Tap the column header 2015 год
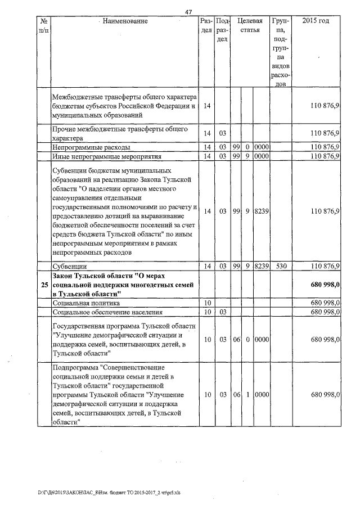click(316, 21)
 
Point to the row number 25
click(44, 285)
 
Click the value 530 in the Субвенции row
click(280, 267)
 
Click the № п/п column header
click(44, 25)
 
